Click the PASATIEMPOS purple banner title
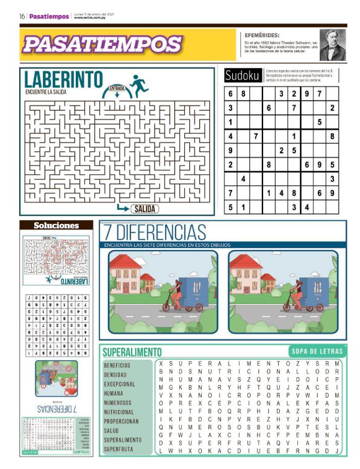[x=102, y=44]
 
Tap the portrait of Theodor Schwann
[x=332, y=44]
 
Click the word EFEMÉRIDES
[x=262, y=35]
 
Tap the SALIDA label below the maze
[x=144, y=209]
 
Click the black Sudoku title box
[x=242, y=76]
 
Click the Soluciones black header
[x=56, y=225]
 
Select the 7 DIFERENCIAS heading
[x=155, y=233]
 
